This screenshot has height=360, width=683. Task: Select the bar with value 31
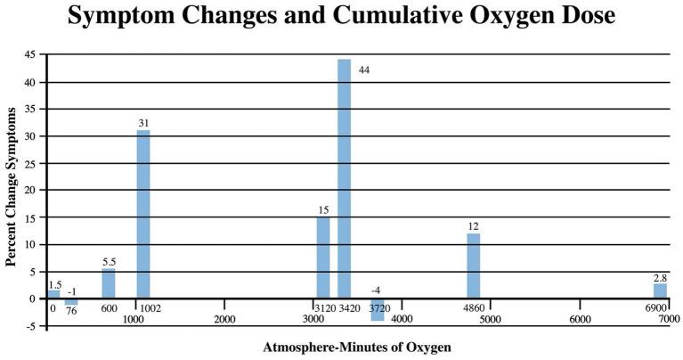point(143,214)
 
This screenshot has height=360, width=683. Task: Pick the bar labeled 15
point(323,258)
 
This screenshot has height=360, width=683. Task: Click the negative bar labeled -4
point(378,309)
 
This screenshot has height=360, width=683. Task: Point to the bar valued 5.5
point(109,283)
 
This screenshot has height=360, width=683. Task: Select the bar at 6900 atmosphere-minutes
point(660,290)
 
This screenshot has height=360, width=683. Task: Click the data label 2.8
point(660,277)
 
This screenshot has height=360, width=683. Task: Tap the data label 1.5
point(55,284)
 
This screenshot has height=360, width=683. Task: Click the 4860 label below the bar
point(474,308)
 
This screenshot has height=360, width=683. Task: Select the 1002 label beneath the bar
point(149,308)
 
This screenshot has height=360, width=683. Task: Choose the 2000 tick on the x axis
point(224,319)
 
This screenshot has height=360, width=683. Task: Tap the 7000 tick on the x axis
point(669,319)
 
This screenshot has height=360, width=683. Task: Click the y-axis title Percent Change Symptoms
point(12,187)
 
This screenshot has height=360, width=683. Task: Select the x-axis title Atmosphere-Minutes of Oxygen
point(358,347)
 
